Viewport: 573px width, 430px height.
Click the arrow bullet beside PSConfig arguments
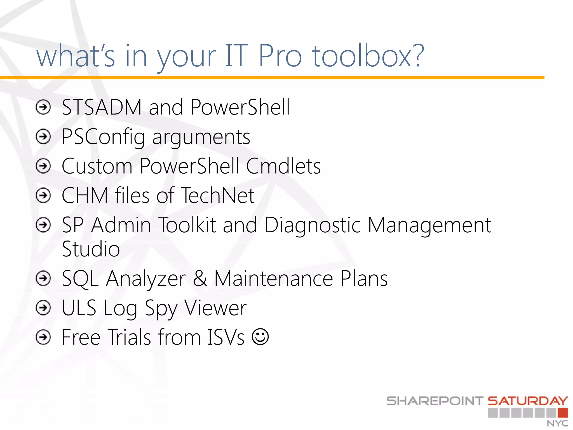(x=43, y=137)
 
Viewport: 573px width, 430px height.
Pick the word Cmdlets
(x=283, y=166)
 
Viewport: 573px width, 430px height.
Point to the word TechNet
(x=218, y=195)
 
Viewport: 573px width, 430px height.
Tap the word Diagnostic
(x=313, y=225)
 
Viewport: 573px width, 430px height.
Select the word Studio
(x=91, y=249)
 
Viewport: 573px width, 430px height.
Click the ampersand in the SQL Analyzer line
(x=200, y=279)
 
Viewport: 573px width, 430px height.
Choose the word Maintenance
(x=273, y=279)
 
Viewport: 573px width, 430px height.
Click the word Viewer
(x=215, y=308)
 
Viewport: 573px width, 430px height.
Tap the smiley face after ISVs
(x=260, y=337)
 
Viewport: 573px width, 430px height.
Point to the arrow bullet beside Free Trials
(x=43, y=337)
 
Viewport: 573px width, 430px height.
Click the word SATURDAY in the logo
(x=528, y=401)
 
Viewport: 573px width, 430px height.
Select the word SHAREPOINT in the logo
(x=435, y=401)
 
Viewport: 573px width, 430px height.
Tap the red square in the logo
(x=563, y=413)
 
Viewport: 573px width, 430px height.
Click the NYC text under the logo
(x=558, y=423)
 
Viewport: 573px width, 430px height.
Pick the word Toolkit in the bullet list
(x=187, y=225)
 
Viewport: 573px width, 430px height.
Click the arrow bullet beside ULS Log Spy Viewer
(x=43, y=308)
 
